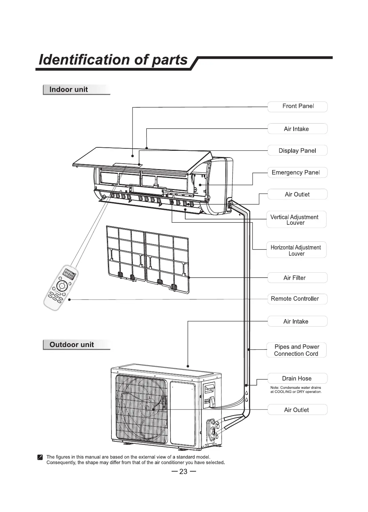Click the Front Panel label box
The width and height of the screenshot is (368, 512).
pyautogui.click(x=297, y=106)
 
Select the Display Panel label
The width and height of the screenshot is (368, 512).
pyautogui.click(x=297, y=151)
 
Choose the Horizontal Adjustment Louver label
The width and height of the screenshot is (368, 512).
pyautogui.click(x=296, y=250)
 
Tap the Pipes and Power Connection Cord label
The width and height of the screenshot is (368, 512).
pyautogui.click(x=296, y=350)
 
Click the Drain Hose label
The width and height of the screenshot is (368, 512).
pyautogui.click(x=297, y=378)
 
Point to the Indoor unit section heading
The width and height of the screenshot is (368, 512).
pyautogui.click(x=69, y=90)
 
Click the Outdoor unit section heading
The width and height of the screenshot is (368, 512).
pyautogui.click(x=72, y=345)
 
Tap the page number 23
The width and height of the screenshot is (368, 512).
pyautogui.click(x=183, y=471)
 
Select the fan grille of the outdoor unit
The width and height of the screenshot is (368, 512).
pyautogui.click(x=141, y=409)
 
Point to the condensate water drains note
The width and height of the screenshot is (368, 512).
pyautogui.click(x=296, y=389)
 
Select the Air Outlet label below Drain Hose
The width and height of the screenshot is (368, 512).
pyautogui.click(x=296, y=410)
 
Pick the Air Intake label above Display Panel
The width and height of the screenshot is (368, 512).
pyautogui.click(x=296, y=129)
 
